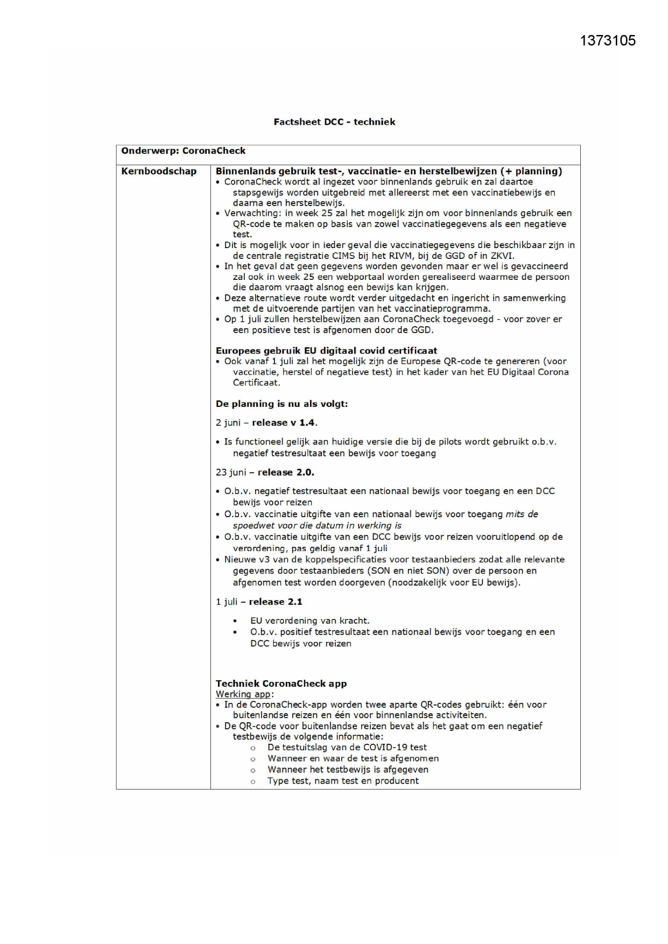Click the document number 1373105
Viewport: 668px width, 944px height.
[x=608, y=40]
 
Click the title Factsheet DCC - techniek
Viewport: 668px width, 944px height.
[x=334, y=122]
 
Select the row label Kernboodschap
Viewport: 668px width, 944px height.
[x=159, y=171]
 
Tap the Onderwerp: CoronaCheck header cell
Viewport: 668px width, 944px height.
[x=183, y=151]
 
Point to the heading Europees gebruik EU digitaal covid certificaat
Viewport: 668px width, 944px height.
[x=326, y=350]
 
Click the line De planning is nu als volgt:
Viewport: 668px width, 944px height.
[x=282, y=404]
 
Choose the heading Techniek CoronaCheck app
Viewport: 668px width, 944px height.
[x=281, y=684]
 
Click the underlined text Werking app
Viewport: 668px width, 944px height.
[x=243, y=694]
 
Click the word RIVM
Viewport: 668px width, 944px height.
[x=400, y=256]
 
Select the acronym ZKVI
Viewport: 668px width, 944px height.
[x=502, y=256]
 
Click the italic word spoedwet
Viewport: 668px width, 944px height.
[x=252, y=525]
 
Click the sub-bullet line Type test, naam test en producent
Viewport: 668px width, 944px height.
[x=343, y=781]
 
